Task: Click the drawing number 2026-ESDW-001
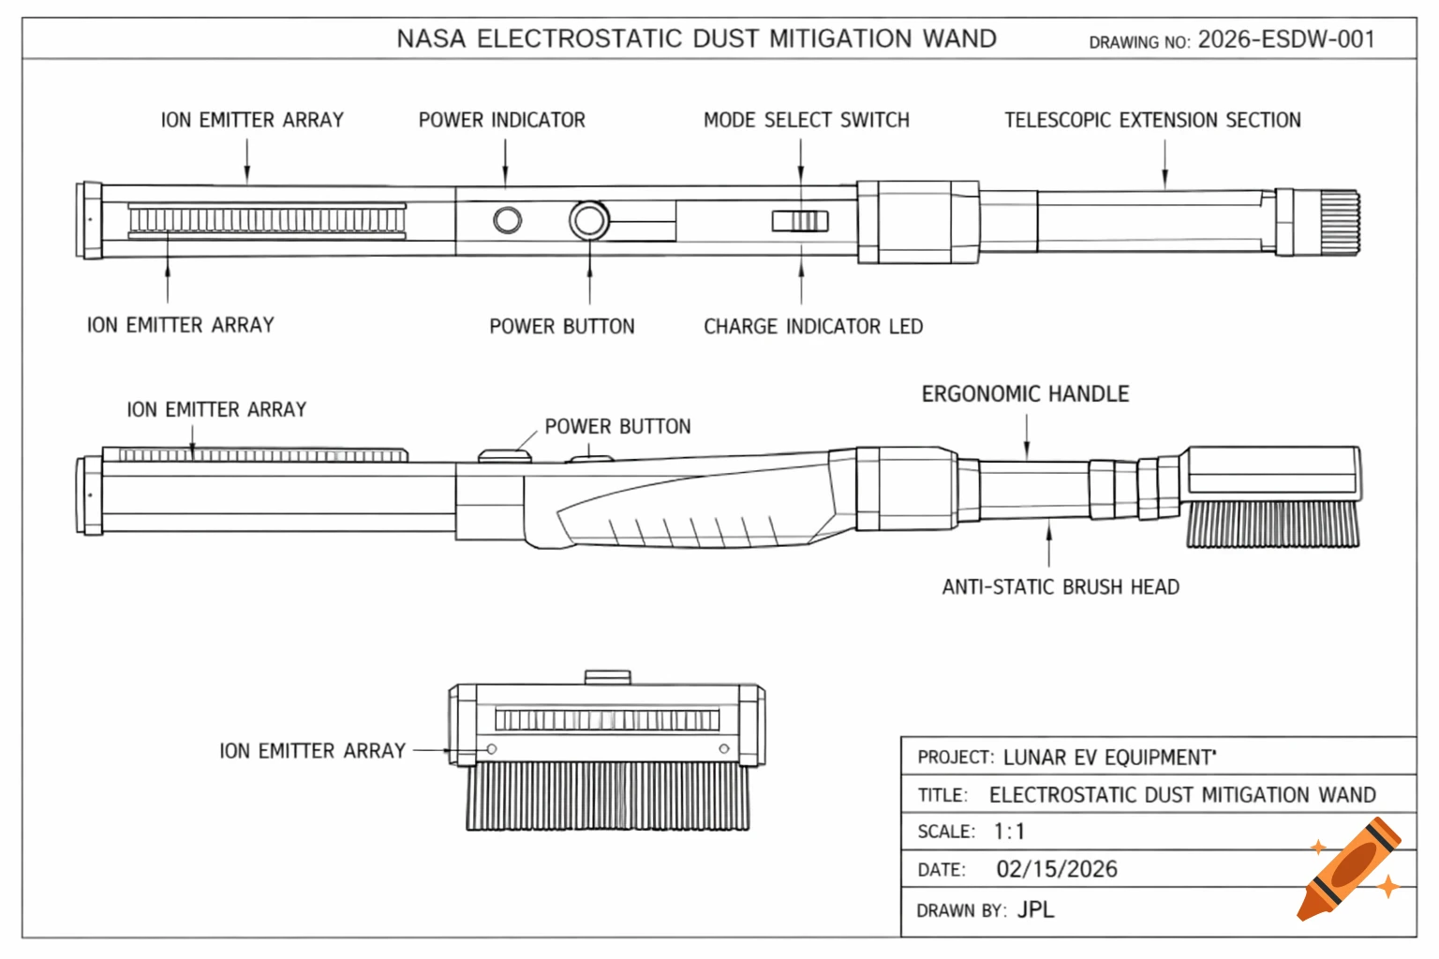tap(1286, 39)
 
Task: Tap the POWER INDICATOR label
tap(501, 120)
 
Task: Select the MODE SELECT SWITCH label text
tap(806, 120)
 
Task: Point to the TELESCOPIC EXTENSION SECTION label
tap(1152, 120)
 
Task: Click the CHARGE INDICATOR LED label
tap(813, 327)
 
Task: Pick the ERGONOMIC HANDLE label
tap(1025, 394)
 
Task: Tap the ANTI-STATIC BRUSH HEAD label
tap(1061, 587)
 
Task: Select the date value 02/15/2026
tap(1057, 869)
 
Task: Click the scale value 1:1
tap(1009, 832)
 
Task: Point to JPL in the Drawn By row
tap(1035, 909)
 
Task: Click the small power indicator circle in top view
tap(508, 220)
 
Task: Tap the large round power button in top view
tap(589, 221)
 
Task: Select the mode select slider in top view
tap(800, 221)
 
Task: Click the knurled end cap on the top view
tap(1340, 222)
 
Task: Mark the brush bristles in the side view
tap(1272, 524)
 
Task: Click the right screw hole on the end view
tap(723, 748)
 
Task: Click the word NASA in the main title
tap(431, 39)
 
